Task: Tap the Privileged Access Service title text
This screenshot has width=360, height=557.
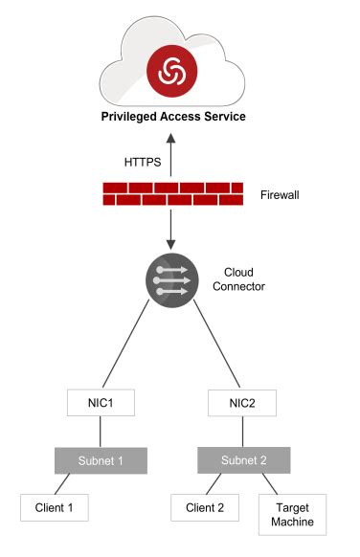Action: [174, 117]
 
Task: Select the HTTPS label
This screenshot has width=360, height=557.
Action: [144, 162]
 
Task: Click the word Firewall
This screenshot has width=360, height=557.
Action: [281, 195]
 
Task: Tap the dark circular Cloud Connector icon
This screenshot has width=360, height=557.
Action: [173, 280]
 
